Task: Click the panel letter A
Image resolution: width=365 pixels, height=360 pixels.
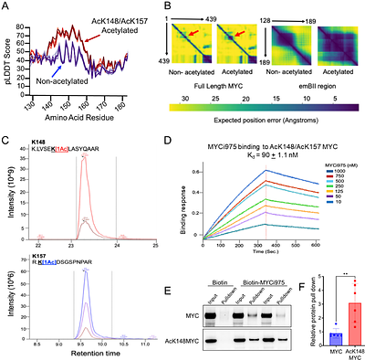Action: pos(6,7)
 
